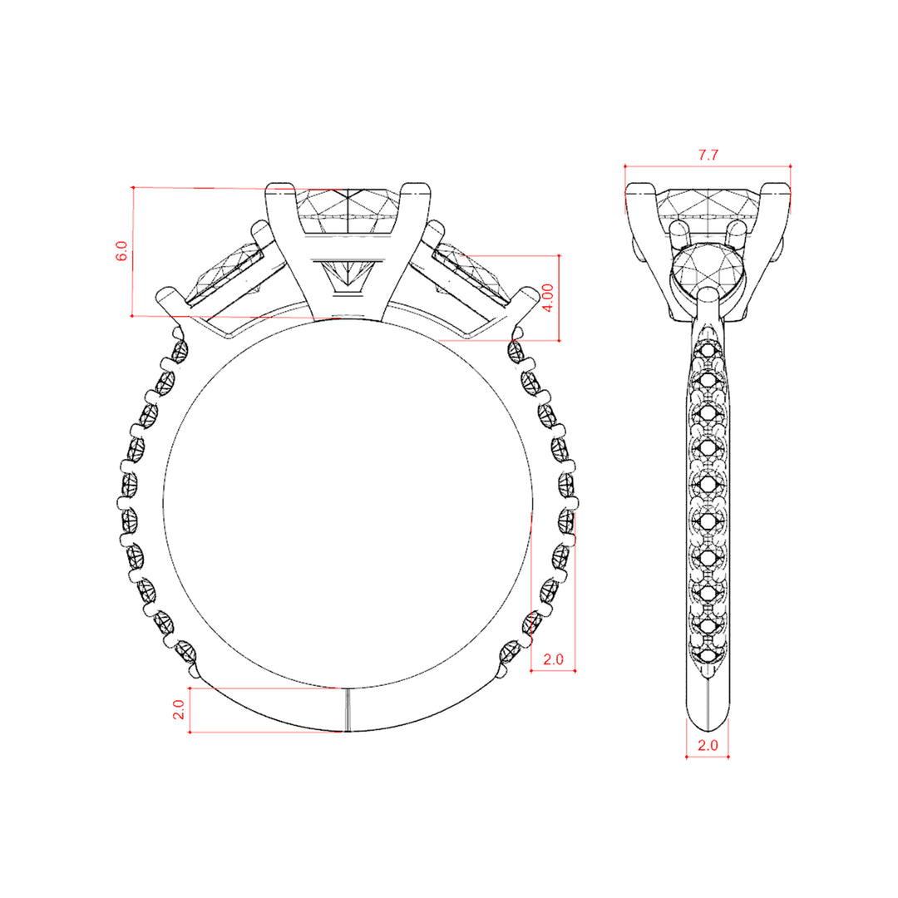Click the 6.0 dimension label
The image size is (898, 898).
(122, 251)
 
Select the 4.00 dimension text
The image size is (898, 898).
(547, 298)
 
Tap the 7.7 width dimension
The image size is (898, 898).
(708, 155)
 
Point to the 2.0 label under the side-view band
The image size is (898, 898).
(708, 745)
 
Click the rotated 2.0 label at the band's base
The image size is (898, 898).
(179, 709)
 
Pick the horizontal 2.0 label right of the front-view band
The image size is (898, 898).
(553, 659)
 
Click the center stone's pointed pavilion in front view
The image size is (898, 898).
(348, 274)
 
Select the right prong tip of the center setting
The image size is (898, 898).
(417, 188)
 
